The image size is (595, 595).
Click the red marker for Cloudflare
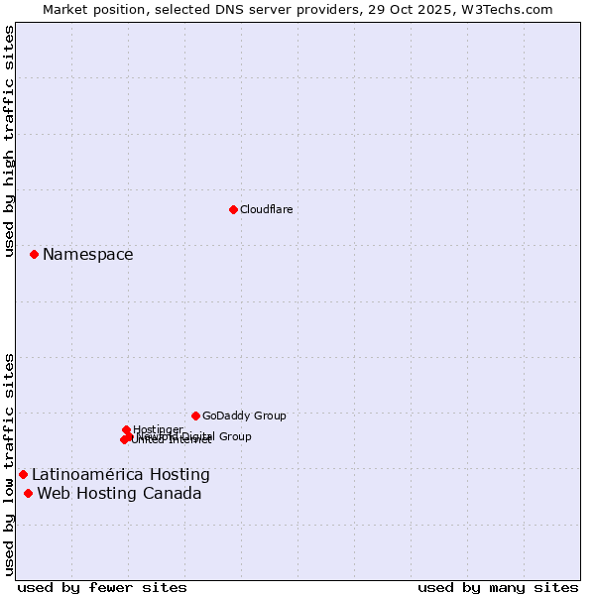(x=233, y=209)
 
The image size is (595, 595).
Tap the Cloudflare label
(x=266, y=209)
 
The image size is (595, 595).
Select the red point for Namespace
(x=34, y=255)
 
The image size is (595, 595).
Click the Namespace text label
(x=87, y=255)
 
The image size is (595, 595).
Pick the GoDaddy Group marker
(x=195, y=416)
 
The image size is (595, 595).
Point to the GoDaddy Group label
(x=244, y=416)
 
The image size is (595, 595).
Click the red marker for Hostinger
(x=126, y=429)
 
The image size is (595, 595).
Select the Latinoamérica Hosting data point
(x=23, y=475)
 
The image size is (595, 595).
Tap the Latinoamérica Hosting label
(x=120, y=475)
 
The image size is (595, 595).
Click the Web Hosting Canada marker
(x=28, y=494)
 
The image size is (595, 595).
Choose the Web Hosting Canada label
(x=119, y=494)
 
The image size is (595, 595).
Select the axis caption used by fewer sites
(x=102, y=587)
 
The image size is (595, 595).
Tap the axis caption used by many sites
(x=498, y=587)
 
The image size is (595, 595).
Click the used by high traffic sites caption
(x=9, y=141)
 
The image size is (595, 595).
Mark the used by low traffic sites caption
(x=9, y=463)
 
